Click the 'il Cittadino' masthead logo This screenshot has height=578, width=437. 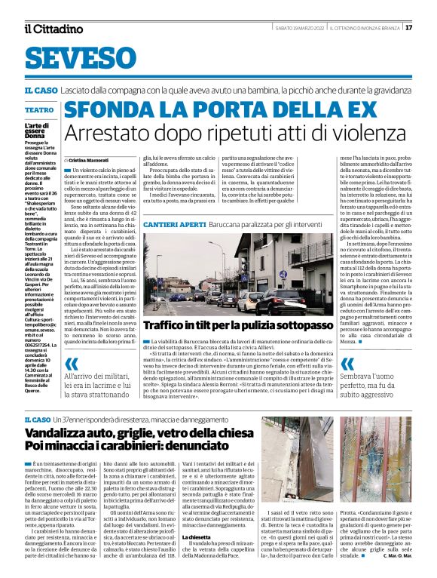pyautogui.click(x=53, y=29)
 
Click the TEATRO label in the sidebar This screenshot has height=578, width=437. pyautogui.click(x=39, y=109)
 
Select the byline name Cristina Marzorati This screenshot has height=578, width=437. pyautogui.click(x=93, y=161)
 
